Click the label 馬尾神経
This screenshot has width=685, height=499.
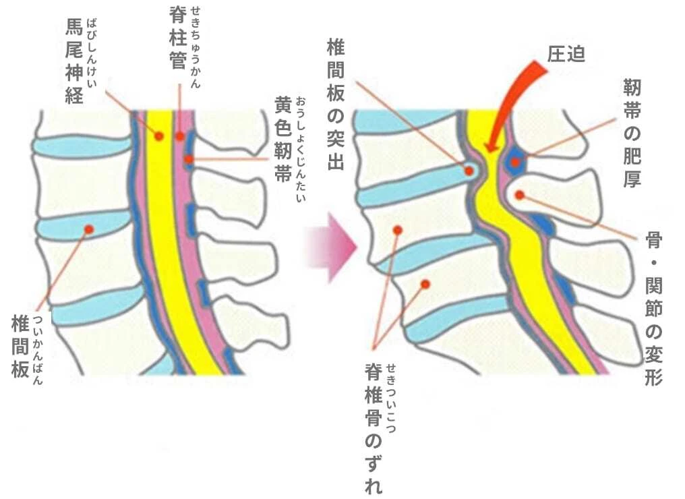[x=74, y=61]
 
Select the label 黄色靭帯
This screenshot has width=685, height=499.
[x=283, y=140]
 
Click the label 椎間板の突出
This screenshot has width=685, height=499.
[x=336, y=105]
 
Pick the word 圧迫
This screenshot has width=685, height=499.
[x=566, y=54]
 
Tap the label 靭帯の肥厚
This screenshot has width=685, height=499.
[x=632, y=134]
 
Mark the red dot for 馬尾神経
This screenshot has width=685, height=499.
[x=159, y=136]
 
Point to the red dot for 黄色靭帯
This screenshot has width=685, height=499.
[x=188, y=159]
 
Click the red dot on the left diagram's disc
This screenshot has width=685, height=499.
[x=89, y=229]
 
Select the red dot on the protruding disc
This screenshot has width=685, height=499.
[x=469, y=171]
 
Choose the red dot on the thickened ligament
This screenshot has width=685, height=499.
[x=516, y=163]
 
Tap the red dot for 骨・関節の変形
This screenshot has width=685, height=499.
[x=519, y=195]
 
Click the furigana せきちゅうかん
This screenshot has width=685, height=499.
[x=196, y=47]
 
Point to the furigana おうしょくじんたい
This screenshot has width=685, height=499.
[x=301, y=149]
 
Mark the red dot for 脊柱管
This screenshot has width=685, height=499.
[x=179, y=137]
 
